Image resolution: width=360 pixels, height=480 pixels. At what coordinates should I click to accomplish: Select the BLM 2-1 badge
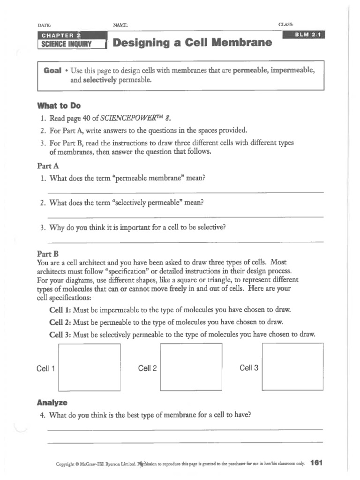click(x=305, y=35)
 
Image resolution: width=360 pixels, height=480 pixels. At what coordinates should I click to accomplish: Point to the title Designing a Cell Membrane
click(x=192, y=43)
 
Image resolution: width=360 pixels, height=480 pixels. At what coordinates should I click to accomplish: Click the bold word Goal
click(x=52, y=70)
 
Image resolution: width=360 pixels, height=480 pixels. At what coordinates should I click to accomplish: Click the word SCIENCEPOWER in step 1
click(x=127, y=118)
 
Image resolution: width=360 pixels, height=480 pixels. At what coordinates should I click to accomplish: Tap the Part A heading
click(x=47, y=166)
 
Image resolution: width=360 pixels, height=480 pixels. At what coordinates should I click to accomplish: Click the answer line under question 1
click(x=185, y=192)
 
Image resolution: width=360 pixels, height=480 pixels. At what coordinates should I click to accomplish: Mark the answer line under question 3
click(x=185, y=241)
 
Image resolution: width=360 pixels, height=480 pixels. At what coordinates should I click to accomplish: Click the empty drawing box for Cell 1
click(x=89, y=367)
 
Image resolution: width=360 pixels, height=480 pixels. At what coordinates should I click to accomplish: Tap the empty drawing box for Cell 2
click(x=191, y=367)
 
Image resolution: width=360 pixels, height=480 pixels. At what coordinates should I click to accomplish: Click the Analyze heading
click(x=52, y=403)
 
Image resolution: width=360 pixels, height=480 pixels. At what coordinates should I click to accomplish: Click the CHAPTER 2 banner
click(x=61, y=36)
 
